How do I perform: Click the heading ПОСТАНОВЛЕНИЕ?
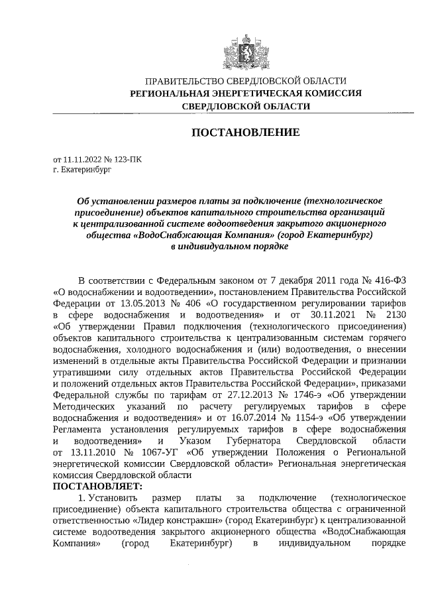point(246,133)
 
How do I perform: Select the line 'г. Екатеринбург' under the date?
point(83,170)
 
